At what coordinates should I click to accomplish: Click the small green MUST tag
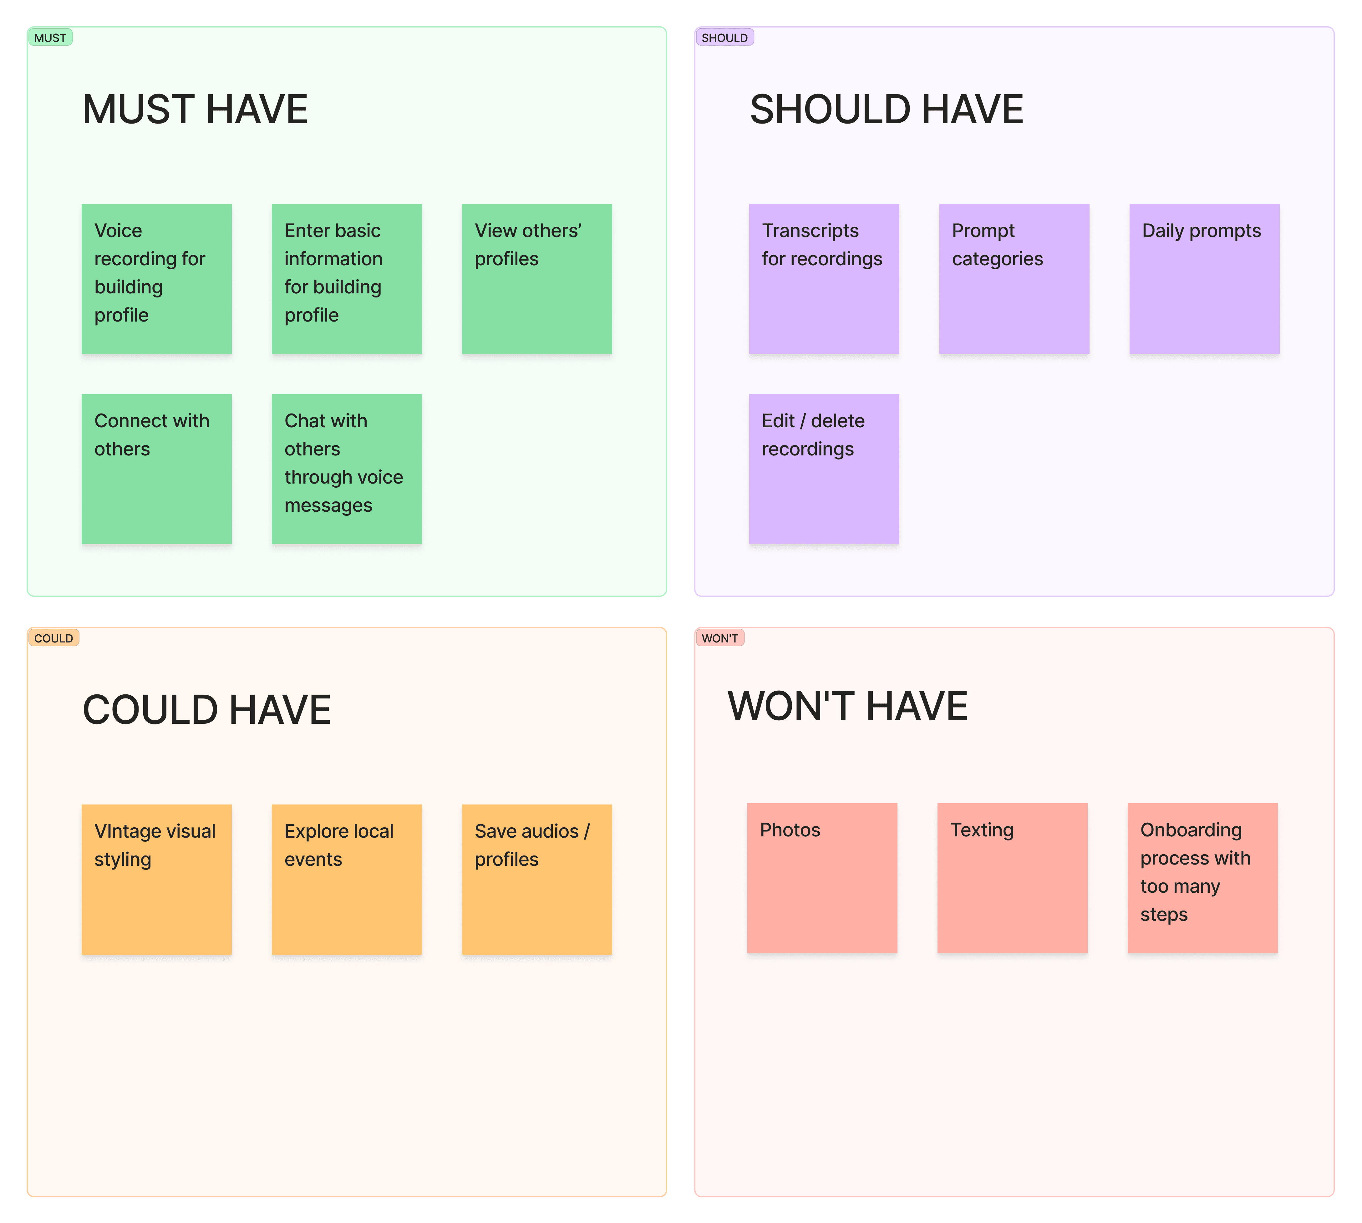click(x=50, y=38)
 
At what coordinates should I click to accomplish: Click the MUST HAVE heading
click(x=195, y=109)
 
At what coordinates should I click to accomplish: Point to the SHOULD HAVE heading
click(x=886, y=109)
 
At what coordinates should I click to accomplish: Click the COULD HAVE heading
click(x=206, y=710)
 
